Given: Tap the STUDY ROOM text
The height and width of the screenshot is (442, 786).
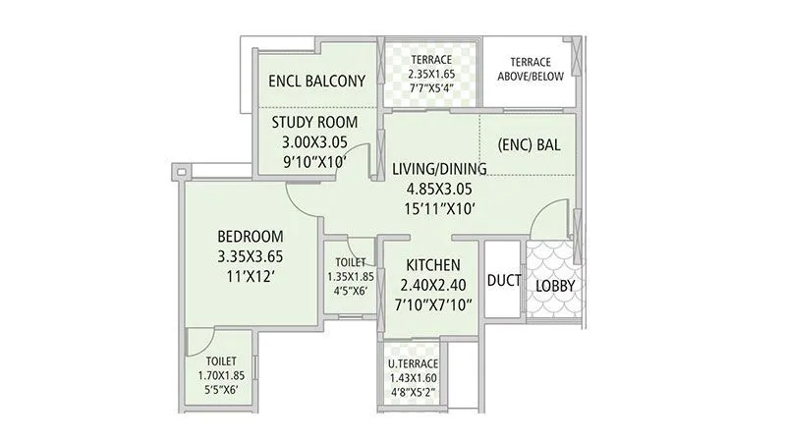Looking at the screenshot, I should coord(314,122).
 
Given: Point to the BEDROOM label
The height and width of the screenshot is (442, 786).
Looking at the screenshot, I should coord(251,237).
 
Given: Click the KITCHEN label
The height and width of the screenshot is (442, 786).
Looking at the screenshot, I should coord(430,265).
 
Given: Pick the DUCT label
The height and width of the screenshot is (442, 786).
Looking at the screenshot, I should coord(503,281).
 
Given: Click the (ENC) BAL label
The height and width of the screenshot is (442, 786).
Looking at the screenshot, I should coord(529,144).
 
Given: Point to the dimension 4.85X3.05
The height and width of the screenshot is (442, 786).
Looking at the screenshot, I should coord(432,188).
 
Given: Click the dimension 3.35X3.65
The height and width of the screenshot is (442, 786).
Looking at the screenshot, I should coord(251,256).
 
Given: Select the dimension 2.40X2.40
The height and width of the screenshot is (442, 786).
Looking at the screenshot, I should coord(430,286).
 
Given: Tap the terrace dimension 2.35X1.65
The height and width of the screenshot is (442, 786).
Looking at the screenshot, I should coord(431,73).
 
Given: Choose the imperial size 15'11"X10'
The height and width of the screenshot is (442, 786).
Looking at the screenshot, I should coord(432,208).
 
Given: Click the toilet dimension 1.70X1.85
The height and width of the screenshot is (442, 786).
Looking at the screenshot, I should coord(220,374).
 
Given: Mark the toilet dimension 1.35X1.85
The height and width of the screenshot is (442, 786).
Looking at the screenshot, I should coord(350,276).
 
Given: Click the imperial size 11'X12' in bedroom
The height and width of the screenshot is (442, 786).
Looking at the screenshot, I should coord(251,276).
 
